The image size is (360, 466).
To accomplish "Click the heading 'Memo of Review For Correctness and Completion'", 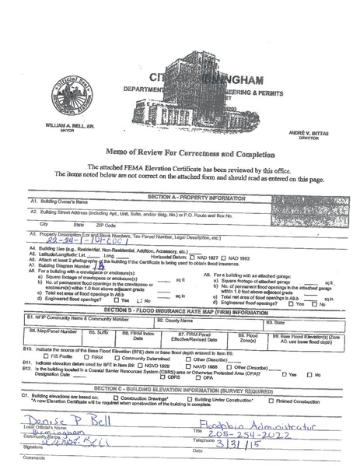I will pos(180,153).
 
